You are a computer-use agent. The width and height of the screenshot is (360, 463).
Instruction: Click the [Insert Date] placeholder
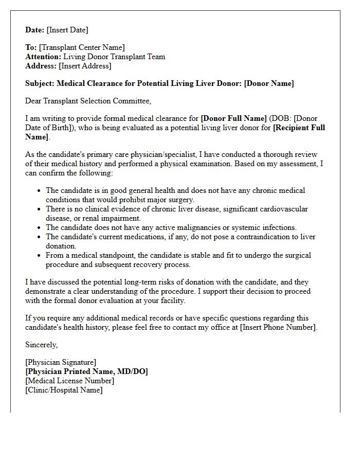pyautogui.click(x=67, y=30)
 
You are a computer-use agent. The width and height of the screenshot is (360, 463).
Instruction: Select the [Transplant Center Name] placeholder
pyautogui.click(x=81, y=48)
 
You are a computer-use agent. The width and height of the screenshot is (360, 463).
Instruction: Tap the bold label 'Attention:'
pyautogui.click(x=43, y=57)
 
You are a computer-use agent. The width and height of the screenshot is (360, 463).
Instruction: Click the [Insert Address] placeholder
pyautogui.click(x=85, y=66)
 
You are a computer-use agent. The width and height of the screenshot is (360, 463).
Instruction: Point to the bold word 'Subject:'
pyautogui.click(x=40, y=83)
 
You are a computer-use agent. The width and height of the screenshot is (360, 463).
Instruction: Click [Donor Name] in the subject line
pyautogui.click(x=269, y=83)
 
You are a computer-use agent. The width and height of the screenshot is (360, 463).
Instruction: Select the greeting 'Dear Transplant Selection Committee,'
pyautogui.click(x=88, y=101)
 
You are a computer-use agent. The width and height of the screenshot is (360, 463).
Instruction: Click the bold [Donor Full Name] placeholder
pyautogui.click(x=233, y=118)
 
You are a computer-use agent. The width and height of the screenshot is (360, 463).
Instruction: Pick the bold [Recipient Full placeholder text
pyautogui.click(x=299, y=128)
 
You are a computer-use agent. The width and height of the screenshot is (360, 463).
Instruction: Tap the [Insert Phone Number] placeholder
pyautogui.click(x=278, y=327)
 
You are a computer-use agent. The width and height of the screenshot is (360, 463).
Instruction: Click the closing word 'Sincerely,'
pyautogui.click(x=42, y=345)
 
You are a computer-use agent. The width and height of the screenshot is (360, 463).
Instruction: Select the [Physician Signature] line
pyautogui.click(x=61, y=363)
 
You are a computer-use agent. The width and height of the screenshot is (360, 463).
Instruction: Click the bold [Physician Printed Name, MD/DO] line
pyautogui.click(x=86, y=371)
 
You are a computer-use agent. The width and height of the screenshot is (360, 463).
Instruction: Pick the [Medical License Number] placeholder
pyautogui.click(x=69, y=381)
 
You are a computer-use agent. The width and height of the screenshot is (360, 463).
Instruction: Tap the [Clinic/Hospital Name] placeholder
pyautogui.click(x=64, y=390)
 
